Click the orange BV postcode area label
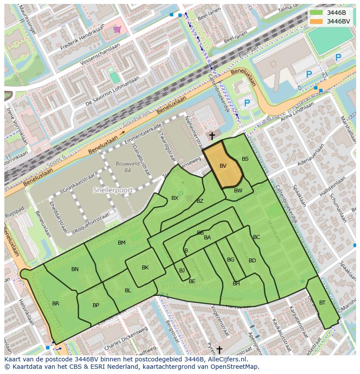pyautogui.click(x=223, y=166)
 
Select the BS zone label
pyautogui.click(x=245, y=159)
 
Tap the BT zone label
pyautogui.click(x=322, y=303)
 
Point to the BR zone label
pyautogui.click(x=56, y=304)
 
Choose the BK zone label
pyautogui.click(x=145, y=268)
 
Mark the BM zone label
pyautogui.click(x=122, y=243)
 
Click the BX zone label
pyautogui.click(x=175, y=198)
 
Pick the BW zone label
pyautogui.click(x=238, y=191)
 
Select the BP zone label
pyautogui.click(x=96, y=305)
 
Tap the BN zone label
pyautogui.click(x=75, y=269)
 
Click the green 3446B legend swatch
pyautogui.click(x=316, y=13)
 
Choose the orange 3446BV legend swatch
pyautogui.click(x=316, y=21)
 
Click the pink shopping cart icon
pyautogui.click(x=117, y=29)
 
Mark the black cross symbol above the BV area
pyautogui.click(x=212, y=136)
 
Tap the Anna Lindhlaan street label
pyautogui.click(x=297, y=113)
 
